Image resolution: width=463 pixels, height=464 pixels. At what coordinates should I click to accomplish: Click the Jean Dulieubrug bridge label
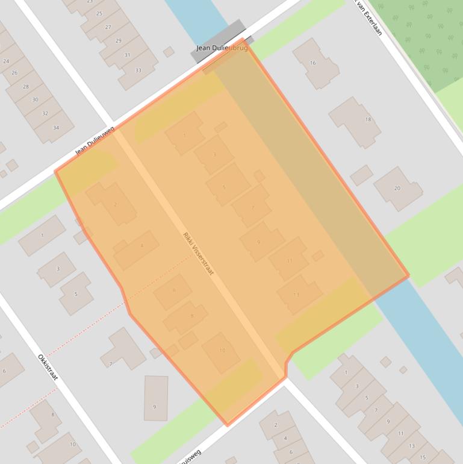[x=222, y=48]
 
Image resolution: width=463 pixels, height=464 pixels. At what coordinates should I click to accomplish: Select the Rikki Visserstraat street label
[x=198, y=254]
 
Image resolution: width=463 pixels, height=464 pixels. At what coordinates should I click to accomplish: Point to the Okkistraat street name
[x=48, y=366]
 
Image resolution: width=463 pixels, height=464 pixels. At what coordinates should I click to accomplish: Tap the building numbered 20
[x=397, y=188]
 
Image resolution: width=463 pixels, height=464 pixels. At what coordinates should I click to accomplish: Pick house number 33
[x=138, y=71]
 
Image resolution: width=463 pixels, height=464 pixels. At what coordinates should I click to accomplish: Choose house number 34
[x=56, y=127]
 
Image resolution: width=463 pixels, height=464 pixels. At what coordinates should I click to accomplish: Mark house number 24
[x=6, y=61]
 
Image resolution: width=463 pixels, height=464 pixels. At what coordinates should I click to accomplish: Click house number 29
[x=118, y=41]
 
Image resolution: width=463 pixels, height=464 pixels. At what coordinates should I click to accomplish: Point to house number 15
[x=423, y=457]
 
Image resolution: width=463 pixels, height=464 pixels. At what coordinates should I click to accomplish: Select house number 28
[x=25, y=86]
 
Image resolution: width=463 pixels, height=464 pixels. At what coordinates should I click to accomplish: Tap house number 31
[x=127, y=55]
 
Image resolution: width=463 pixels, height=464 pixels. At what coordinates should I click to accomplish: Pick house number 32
[x=45, y=113]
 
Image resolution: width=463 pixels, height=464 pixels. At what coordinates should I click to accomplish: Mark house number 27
[x=108, y=27]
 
